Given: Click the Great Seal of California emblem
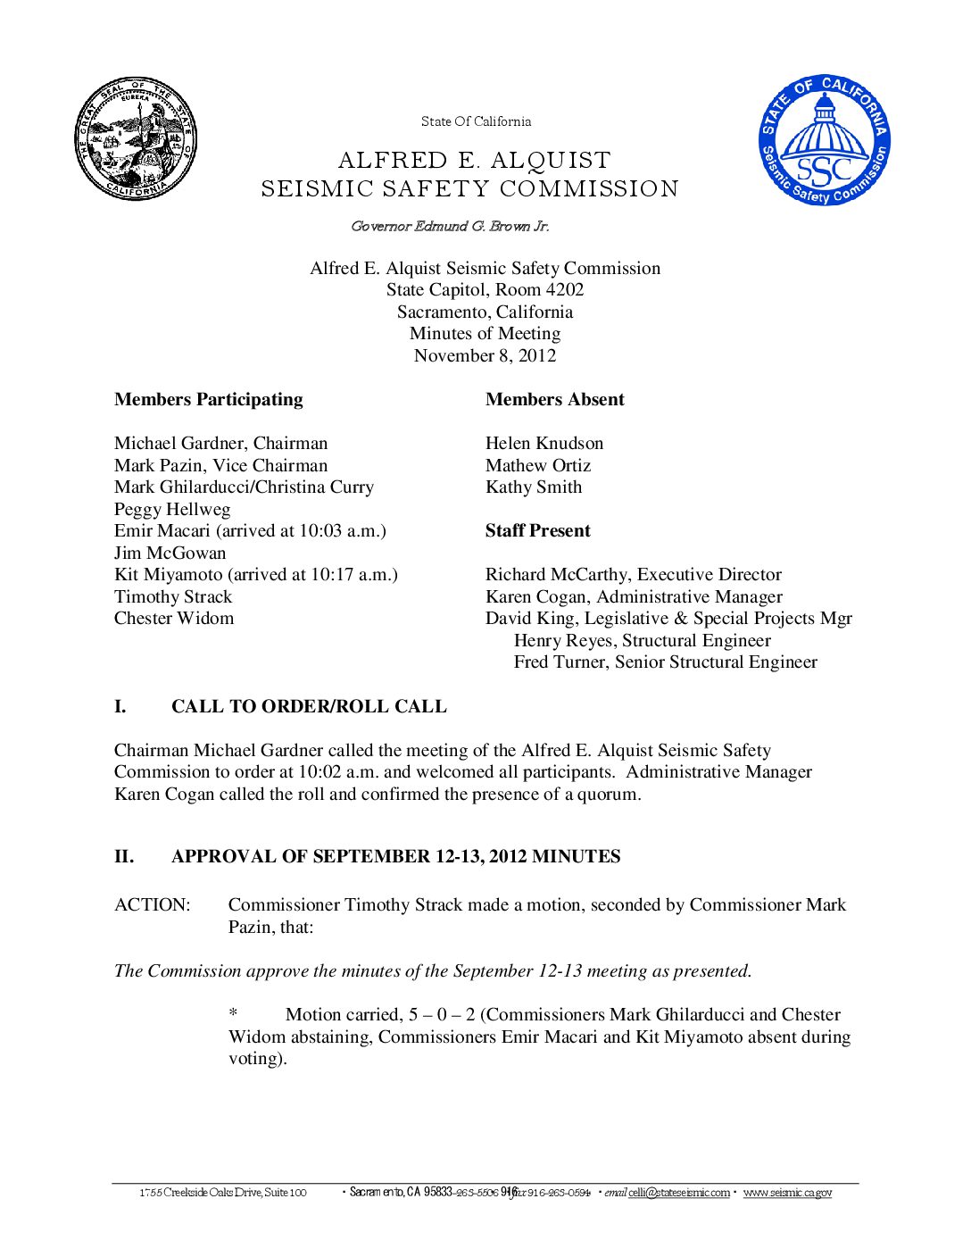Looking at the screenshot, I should [x=135, y=138].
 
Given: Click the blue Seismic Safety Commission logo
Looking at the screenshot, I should [x=825, y=139].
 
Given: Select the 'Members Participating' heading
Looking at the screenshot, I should [x=208, y=399].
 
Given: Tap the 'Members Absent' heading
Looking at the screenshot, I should [x=554, y=399].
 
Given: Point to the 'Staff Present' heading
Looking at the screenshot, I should [x=537, y=530].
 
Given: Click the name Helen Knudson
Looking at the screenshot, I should [x=544, y=443].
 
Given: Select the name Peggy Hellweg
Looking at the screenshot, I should [x=172, y=509].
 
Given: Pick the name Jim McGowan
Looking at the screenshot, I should [x=170, y=553].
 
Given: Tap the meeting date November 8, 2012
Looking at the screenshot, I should [x=485, y=355].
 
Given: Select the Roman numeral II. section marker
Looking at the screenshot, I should [x=124, y=856].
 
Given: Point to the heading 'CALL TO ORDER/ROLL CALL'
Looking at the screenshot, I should [x=309, y=706].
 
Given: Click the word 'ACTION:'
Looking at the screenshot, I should [x=152, y=904].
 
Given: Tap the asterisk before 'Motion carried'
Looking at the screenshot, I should [x=233, y=1014].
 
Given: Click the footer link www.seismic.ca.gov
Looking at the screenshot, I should [x=787, y=1193].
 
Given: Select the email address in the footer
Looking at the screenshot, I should [x=678, y=1193].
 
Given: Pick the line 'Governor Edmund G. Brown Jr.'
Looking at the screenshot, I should [x=450, y=226].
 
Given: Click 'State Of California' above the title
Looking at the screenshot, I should [x=476, y=121].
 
